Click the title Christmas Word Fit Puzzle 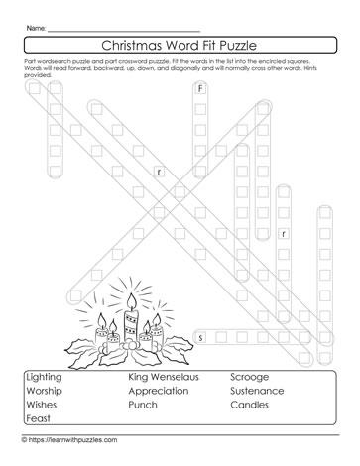tap(180, 45)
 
